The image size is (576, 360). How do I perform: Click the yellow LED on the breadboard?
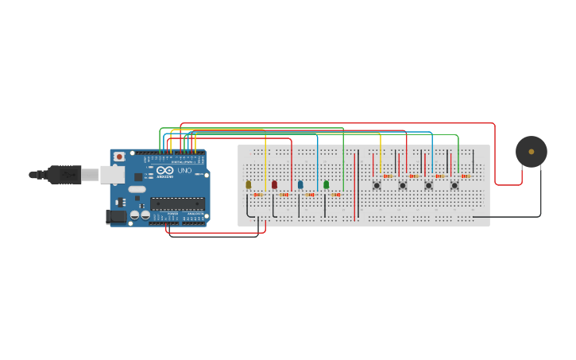tap(248, 184)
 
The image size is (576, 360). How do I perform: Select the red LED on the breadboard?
tap(274, 184)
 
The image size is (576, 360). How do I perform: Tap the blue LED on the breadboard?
tap(300, 184)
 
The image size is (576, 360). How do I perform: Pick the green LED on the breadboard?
tap(326, 184)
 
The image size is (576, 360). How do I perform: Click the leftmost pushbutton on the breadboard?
tap(377, 185)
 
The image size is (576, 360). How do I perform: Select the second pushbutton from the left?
tap(403, 185)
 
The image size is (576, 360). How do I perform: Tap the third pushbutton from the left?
tap(428, 185)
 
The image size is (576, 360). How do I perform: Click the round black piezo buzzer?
tap(531, 152)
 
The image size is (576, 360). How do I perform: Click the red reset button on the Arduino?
tap(119, 157)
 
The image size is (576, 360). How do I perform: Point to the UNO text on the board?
tap(184, 171)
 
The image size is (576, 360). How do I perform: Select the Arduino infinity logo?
tap(165, 171)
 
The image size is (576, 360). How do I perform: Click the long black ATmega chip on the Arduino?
tap(177, 203)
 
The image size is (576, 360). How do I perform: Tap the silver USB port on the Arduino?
tap(111, 175)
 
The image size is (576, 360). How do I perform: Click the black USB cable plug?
tap(65, 174)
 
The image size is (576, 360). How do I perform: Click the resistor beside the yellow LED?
tap(258, 194)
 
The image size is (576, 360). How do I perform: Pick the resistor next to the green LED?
tap(336, 194)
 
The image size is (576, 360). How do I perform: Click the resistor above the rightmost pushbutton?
tap(466, 176)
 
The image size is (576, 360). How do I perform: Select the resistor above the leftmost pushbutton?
tap(388, 176)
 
